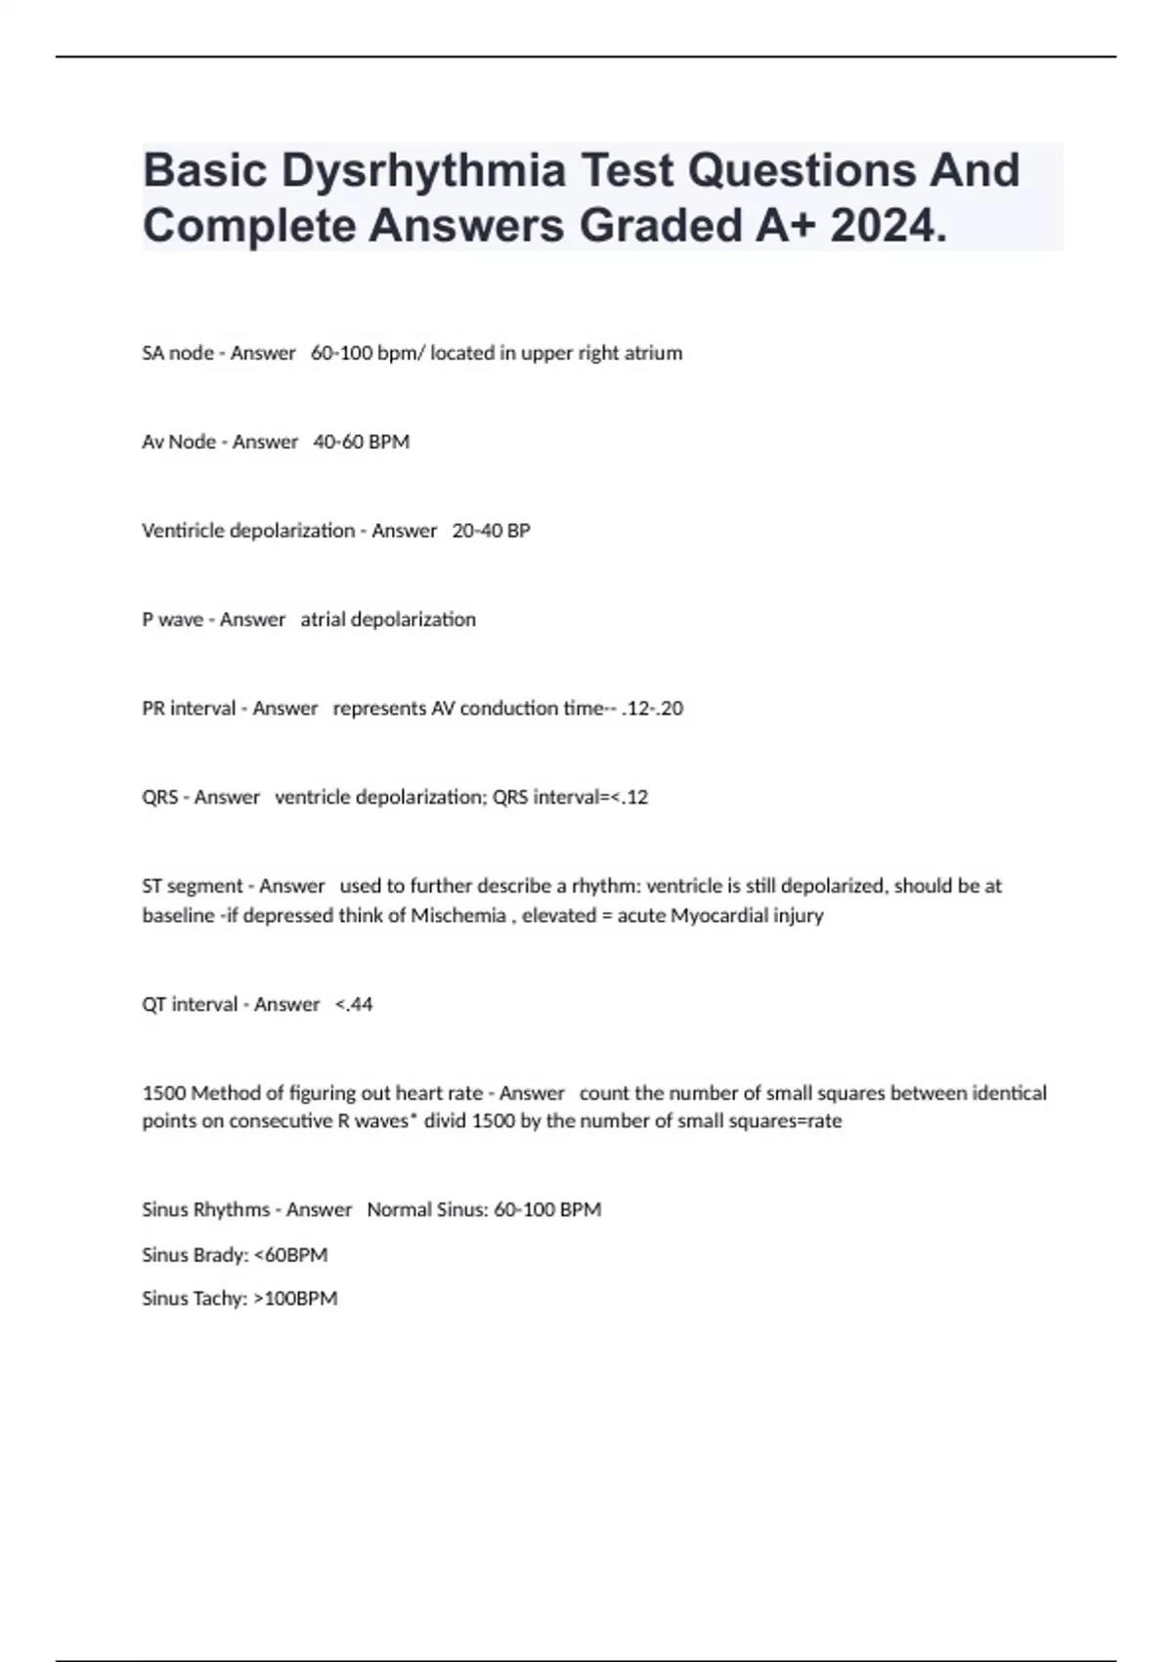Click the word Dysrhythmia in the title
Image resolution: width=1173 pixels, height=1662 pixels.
coord(423,171)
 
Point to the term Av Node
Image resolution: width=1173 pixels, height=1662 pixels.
coord(179,442)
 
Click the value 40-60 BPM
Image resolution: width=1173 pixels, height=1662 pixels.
coord(362,442)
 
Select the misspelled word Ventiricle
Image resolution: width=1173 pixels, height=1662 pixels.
coord(182,531)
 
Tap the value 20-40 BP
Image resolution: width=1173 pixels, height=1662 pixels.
coord(491,531)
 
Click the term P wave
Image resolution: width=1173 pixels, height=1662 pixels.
coord(172,620)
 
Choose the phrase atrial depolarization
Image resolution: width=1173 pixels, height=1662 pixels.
coord(388,620)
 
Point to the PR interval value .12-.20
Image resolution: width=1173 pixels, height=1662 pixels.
coord(652,709)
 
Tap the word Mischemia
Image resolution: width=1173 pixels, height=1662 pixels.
coord(457,916)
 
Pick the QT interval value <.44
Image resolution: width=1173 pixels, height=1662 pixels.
coord(354,1004)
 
